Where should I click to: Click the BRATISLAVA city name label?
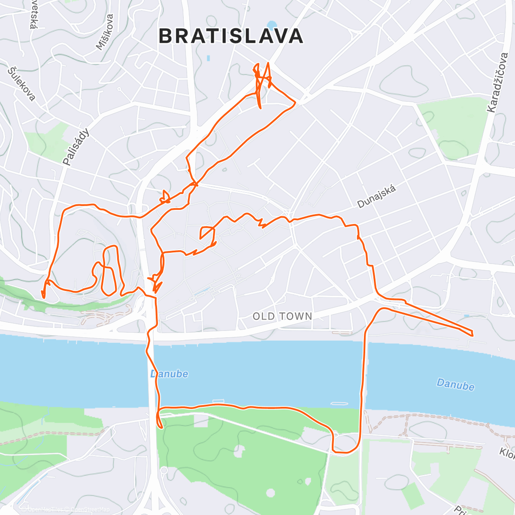(x=231, y=36)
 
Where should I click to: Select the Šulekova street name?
(x=22, y=84)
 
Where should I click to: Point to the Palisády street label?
(x=76, y=147)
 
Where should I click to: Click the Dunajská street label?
(x=376, y=196)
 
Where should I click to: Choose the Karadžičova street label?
(x=498, y=83)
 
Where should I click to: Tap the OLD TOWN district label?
(x=282, y=316)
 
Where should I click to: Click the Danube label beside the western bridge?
(x=169, y=374)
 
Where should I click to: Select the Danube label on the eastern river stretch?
(x=455, y=384)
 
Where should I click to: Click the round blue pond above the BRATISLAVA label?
(x=272, y=24)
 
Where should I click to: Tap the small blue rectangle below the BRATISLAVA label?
(x=209, y=58)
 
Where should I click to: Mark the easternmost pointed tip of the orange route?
(x=472, y=333)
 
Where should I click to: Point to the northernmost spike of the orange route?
(x=268, y=64)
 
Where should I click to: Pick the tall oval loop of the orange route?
(x=110, y=270)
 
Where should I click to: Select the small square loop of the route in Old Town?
(x=207, y=232)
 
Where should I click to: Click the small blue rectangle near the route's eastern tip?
(x=467, y=316)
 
